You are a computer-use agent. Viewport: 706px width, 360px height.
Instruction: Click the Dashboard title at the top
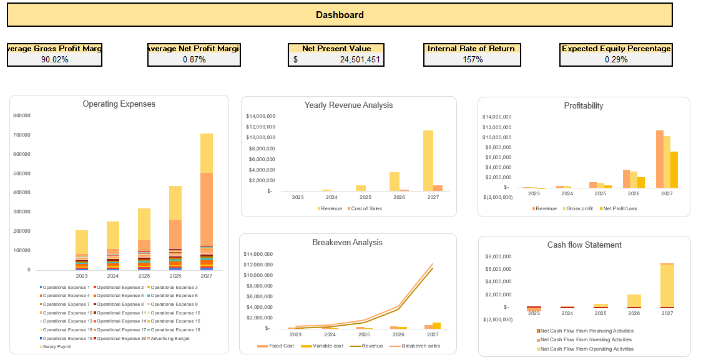340,15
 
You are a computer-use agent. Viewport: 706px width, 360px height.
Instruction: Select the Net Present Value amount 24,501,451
356,59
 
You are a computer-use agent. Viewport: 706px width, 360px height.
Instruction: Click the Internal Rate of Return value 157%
472,59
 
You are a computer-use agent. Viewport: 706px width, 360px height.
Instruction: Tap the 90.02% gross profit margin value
54,59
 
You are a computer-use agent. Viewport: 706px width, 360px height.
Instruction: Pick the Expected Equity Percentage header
615,49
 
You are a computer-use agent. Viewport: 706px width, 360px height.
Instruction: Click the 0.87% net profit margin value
194,59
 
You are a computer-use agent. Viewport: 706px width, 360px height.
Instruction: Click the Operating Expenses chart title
119,104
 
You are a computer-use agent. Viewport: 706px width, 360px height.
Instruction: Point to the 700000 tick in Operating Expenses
21,135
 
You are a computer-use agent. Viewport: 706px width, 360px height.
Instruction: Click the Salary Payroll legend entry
57,346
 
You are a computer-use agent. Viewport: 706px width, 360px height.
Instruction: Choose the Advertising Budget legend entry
170,338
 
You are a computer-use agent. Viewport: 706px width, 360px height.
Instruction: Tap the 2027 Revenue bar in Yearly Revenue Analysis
428,160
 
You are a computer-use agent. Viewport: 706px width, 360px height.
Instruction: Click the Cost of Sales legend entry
366,208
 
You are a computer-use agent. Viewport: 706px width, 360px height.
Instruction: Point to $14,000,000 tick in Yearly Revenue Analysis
260,116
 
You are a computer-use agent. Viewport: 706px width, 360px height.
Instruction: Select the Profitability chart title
583,106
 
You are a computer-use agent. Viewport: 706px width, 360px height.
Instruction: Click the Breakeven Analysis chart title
347,242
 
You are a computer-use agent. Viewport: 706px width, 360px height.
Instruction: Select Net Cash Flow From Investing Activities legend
586,340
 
